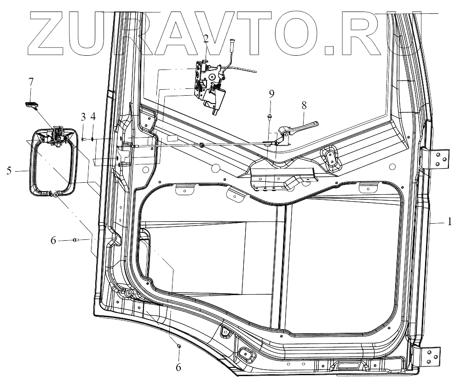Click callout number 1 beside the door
pyautogui.click(x=450, y=222)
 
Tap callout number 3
pyautogui.click(x=84, y=117)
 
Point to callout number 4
pyautogui.click(x=93, y=117)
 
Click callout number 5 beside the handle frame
pyautogui.click(x=9, y=171)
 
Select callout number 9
pyautogui.click(x=271, y=94)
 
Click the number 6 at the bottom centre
pyautogui.click(x=178, y=367)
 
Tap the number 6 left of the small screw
pyautogui.click(x=53, y=241)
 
